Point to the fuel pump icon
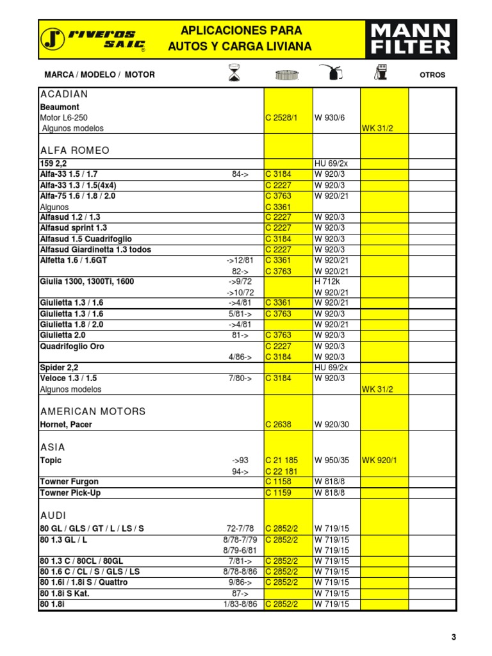coord(382,74)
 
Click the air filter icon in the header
coord(286,75)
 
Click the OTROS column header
coord(432,75)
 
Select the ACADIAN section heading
coord(64,94)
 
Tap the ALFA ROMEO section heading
coord(75,151)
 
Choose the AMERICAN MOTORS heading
coord(93,411)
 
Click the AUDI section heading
coord(53,515)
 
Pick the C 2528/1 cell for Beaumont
coord(281,118)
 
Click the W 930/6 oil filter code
coord(329,118)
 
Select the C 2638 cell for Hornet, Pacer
coord(277,425)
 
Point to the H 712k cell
coord(327,281)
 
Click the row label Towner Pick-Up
coord(70,493)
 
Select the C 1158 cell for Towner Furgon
coord(277,482)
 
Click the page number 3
coord(454,637)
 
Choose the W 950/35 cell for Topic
coord(331,461)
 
